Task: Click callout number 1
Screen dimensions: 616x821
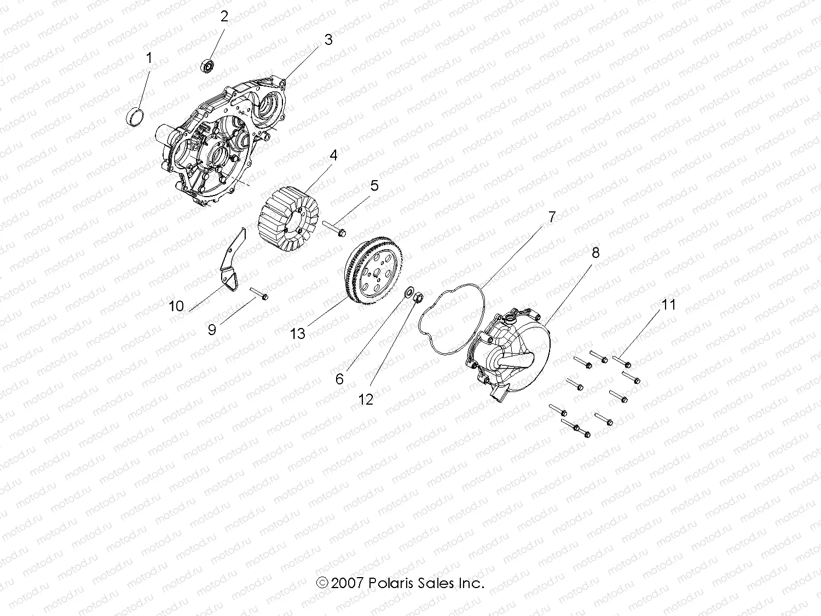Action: pyautogui.click(x=148, y=57)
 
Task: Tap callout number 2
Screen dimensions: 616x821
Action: pyautogui.click(x=224, y=16)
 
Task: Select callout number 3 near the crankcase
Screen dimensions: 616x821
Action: pyautogui.click(x=328, y=39)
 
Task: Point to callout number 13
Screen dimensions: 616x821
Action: pyautogui.click(x=297, y=333)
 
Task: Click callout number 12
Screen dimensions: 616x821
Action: pyautogui.click(x=366, y=399)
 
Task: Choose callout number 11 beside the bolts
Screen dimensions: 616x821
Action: pyautogui.click(x=669, y=304)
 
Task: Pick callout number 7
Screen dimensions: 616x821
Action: pyautogui.click(x=552, y=217)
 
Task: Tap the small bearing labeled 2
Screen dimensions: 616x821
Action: pyautogui.click(x=207, y=66)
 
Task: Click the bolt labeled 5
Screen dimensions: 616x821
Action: pyautogui.click(x=334, y=229)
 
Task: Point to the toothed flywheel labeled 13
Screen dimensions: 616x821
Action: pyautogui.click(x=373, y=274)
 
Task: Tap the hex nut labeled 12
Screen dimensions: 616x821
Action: pyautogui.click(x=416, y=298)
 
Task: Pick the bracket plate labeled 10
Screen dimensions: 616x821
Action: pyautogui.click(x=232, y=263)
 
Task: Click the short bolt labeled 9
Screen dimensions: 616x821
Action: pyautogui.click(x=259, y=294)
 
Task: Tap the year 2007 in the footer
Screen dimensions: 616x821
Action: pyautogui.click(x=348, y=583)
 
